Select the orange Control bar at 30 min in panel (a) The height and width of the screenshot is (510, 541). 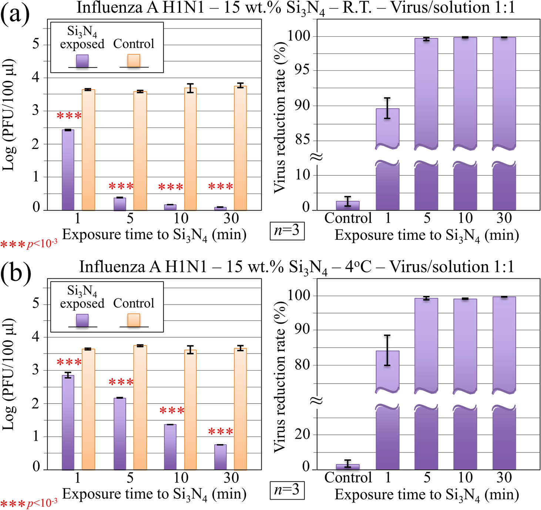click(x=240, y=148)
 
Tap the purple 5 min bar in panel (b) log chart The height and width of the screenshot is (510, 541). click(x=120, y=434)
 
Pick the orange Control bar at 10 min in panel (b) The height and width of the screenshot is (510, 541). click(x=190, y=410)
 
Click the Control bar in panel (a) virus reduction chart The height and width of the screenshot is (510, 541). click(x=347, y=206)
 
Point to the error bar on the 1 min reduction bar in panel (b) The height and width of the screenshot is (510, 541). click(x=387, y=350)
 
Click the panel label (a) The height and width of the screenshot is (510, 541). click(x=15, y=15)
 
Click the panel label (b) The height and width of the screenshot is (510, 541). click(x=16, y=274)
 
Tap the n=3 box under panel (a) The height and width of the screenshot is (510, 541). click(x=287, y=231)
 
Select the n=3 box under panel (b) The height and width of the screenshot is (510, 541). click(x=287, y=490)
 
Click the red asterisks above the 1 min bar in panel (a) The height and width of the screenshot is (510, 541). click(x=69, y=116)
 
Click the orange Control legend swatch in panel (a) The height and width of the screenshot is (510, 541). click(x=134, y=61)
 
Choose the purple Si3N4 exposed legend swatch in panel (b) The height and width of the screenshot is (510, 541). click(x=82, y=320)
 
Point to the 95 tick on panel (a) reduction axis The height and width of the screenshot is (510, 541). click(x=302, y=70)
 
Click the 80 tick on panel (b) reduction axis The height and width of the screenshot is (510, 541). click(x=302, y=365)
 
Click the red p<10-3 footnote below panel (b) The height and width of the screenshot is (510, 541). click(x=29, y=503)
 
